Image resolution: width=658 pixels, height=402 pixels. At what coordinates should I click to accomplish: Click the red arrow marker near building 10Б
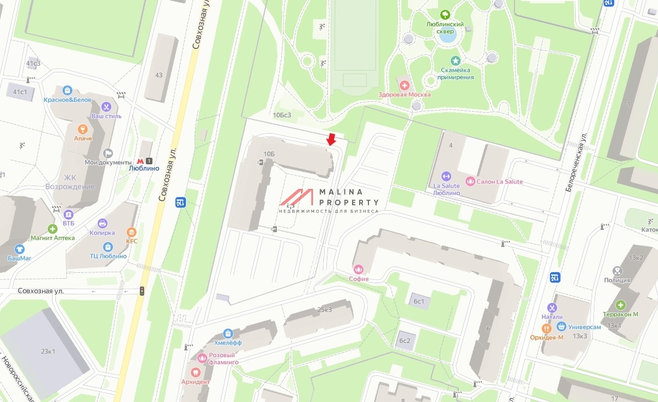coord(331,140)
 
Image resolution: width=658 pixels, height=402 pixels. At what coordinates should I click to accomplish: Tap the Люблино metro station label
coord(144,168)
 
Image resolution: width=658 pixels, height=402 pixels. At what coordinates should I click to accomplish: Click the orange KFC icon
coord(131,232)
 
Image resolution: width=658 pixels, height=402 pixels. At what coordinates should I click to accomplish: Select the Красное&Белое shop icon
coord(67,90)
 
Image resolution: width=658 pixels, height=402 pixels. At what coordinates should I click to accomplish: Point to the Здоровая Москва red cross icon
coord(405,85)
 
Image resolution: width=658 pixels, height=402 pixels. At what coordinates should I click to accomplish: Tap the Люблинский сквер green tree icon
coord(445,15)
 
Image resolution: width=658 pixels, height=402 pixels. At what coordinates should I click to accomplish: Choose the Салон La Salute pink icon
coord(469,181)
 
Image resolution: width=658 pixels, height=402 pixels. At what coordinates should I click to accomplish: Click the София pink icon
coord(359,269)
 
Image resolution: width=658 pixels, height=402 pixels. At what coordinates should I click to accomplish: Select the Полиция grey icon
coord(617,271)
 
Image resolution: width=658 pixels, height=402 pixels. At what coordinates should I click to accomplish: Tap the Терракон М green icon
coord(620,305)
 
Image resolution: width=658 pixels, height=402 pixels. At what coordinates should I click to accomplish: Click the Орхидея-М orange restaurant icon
coord(546,328)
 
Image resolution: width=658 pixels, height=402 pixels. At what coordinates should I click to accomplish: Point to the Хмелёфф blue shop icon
coord(228,333)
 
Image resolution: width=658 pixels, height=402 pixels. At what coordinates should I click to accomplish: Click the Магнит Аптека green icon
coord(53,228)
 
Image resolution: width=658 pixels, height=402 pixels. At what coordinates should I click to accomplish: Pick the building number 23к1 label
coord(47,351)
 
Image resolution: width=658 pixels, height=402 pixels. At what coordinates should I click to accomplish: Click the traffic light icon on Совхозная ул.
coord(142,291)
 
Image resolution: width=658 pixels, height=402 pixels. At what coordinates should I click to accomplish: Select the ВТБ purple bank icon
coord(68,214)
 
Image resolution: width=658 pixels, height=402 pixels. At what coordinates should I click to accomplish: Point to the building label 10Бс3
coord(282,115)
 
